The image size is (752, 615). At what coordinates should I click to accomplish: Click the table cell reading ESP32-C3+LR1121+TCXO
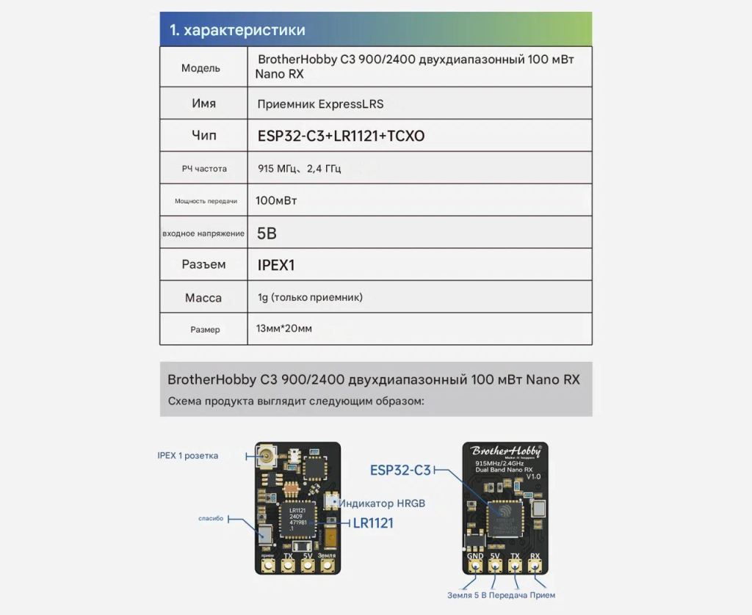[341, 136]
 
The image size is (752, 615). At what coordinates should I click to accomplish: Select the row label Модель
[200, 68]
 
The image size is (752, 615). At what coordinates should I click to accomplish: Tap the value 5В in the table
[267, 233]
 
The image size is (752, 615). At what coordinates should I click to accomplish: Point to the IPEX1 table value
[276, 265]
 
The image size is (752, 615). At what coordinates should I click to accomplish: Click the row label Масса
[203, 298]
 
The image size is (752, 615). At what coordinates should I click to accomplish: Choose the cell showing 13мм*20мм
[284, 329]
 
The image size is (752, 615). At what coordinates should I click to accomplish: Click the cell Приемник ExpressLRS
[320, 104]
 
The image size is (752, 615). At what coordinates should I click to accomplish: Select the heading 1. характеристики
[237, 30]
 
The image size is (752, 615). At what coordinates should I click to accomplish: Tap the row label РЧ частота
[204, 169]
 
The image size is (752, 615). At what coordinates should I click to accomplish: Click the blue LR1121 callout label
[373, 523]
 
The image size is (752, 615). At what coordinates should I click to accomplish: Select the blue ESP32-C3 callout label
[400, 470]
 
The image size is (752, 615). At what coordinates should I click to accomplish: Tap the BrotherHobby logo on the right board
[505, 451]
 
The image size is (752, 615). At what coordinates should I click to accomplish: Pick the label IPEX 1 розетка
[187, 456]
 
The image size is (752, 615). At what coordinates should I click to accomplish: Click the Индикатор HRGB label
[382, 503]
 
